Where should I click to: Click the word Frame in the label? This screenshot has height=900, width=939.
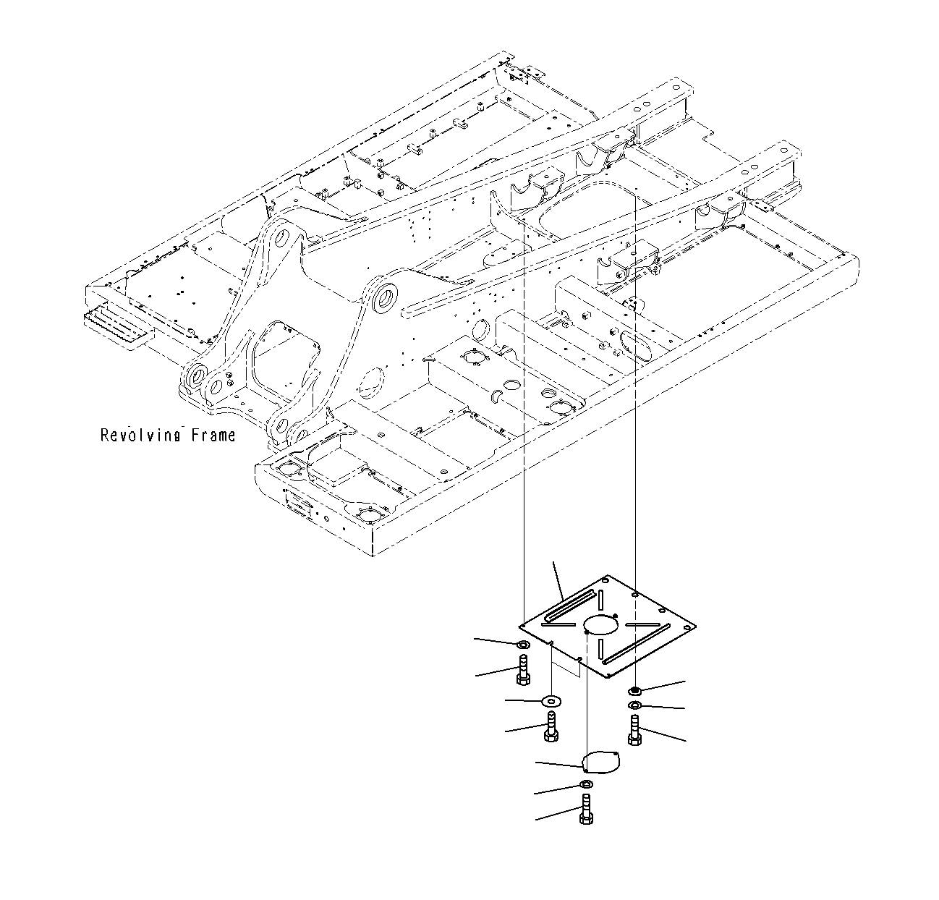click(213, 435)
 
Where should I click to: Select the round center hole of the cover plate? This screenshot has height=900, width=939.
click(600, 624)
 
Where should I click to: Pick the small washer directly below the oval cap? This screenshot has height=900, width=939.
click(585, 786)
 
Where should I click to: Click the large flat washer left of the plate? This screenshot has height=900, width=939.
click(553, 700)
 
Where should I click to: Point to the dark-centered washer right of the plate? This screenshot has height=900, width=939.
click(634, 690)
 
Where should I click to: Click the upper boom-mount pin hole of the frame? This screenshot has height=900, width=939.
click(282, 238)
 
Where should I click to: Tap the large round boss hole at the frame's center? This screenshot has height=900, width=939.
click(384, 298)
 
